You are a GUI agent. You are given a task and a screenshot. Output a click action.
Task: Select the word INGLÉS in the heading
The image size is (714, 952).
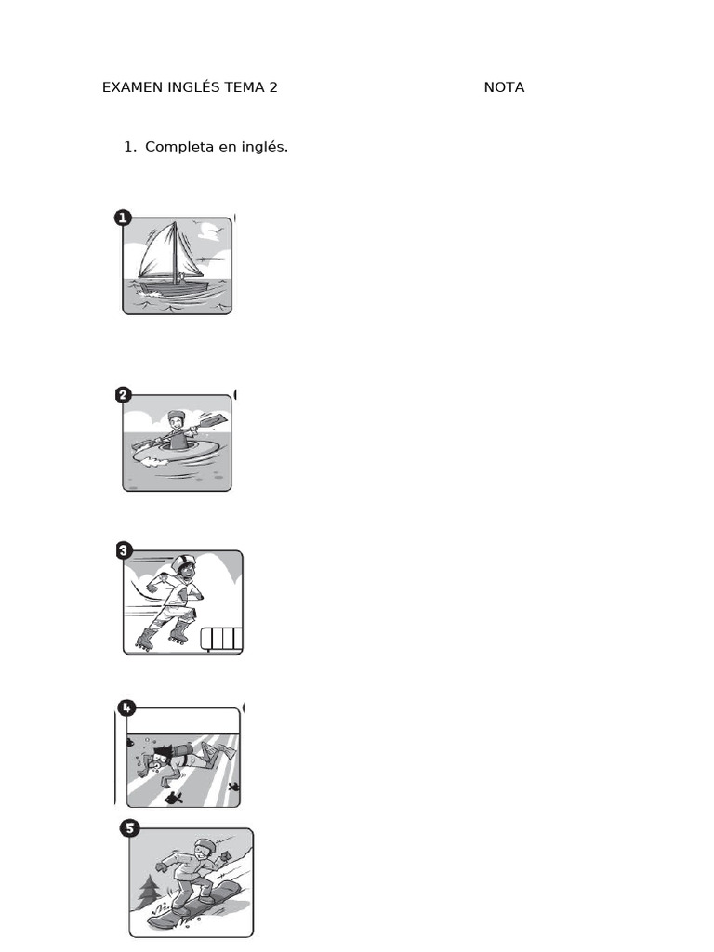194,87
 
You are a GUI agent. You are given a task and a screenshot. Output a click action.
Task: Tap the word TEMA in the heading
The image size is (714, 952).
245,87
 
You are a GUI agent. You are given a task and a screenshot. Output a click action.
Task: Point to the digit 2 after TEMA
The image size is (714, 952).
273,87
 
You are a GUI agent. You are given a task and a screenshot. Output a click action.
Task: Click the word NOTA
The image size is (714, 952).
504,87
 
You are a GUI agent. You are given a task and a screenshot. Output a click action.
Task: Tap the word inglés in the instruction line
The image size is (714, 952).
264,147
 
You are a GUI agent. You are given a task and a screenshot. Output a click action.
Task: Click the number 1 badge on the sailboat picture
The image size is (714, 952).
123,218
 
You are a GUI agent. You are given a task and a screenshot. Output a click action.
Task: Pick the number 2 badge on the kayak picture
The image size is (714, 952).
123,395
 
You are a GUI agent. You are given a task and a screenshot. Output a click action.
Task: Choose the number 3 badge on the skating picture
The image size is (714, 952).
124,550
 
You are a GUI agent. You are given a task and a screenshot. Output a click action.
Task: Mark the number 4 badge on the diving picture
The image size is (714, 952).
125,707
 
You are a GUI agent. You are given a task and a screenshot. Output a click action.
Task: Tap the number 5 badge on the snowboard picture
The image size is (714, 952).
130,827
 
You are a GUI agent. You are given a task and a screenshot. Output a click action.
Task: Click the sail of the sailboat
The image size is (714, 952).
160,251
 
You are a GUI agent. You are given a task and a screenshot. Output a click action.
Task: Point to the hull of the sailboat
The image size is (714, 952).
181,287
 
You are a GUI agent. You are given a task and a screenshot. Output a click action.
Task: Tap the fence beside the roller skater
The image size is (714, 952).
222,639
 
